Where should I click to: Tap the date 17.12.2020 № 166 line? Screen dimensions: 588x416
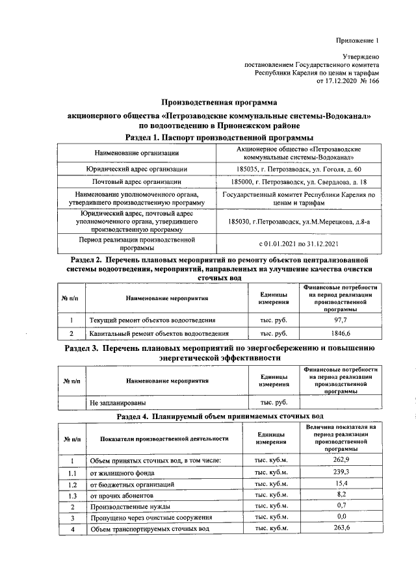(x=347, y=82)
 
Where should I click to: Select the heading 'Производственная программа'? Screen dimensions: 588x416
(x=219, y=102)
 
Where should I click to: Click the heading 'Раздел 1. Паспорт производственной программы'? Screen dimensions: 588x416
(x=219, y=138)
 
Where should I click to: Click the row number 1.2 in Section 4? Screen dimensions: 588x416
(x=73, y=485)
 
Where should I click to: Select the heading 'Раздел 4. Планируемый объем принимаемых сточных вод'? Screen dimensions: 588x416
(x=219, y=415)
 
